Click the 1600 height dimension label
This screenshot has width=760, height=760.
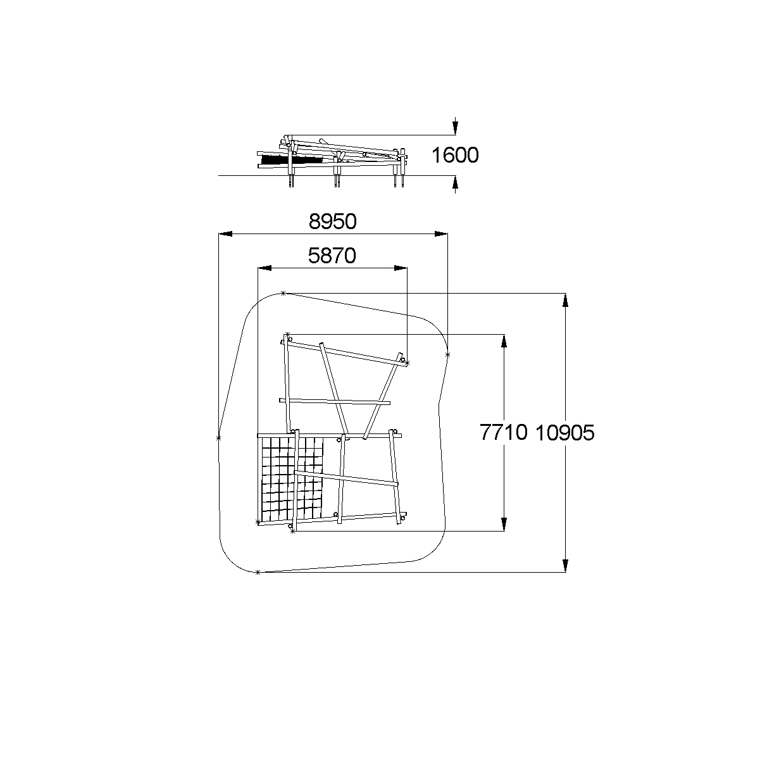(x=455, y=155)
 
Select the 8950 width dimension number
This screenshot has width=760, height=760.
(x=332, y=221)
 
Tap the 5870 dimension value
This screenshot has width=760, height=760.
(x=332, y=256)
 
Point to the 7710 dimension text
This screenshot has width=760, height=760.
(x=504, y=432)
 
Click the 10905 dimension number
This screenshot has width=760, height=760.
(x=564, y=433)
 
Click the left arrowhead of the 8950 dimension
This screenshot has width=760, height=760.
(x=225, y=234)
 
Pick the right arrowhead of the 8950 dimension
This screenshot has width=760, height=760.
(x=441, y=234)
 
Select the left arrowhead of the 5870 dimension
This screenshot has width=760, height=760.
(x=265, y=268)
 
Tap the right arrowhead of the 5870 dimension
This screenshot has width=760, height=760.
(x=401, y=268)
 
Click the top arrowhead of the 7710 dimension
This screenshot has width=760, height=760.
(x=504, y=340)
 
